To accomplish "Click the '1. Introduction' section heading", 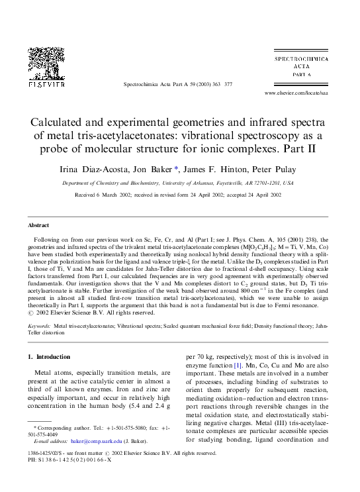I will coord(49,357).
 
